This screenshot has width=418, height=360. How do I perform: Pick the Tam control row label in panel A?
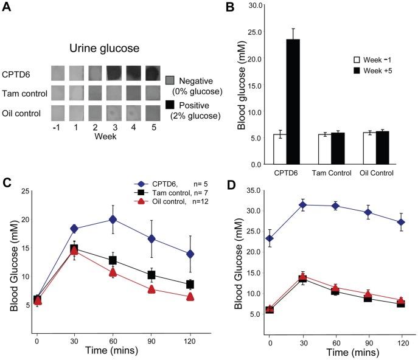[21, 93]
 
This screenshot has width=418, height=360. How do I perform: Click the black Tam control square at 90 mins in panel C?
[152, 275]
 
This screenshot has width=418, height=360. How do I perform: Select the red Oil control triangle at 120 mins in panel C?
[190, 297]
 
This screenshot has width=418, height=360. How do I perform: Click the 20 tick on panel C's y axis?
[24, 220]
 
